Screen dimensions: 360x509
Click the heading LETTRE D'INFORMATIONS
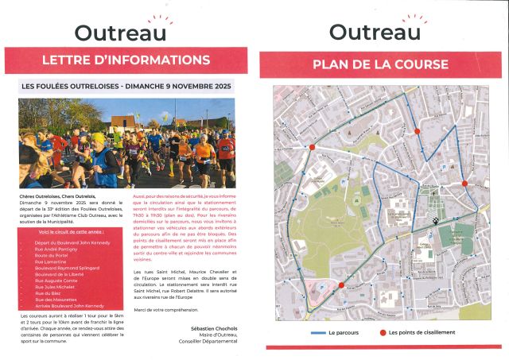coord(126,60)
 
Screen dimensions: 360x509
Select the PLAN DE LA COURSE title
coord(380,64)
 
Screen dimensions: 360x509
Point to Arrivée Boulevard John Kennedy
coord(69,305)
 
